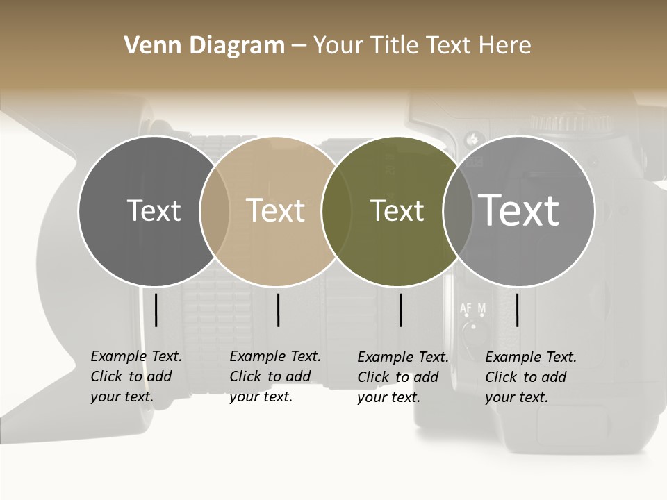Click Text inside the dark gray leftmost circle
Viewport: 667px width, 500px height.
coord(154,210)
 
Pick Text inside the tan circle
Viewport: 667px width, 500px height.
coord(275,210)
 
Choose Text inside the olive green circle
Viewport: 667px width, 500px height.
coord(397,210)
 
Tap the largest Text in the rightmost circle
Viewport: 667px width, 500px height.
coord(518,210)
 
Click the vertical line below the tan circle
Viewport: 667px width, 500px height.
coord(278,310)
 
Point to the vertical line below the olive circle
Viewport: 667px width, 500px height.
coord(400,310)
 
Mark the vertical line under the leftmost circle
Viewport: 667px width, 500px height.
coord(156,310)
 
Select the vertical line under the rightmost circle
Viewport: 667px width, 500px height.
coord(517,310)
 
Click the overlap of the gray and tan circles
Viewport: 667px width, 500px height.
coord(215,211)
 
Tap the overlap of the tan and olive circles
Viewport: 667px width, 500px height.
coord(336,211)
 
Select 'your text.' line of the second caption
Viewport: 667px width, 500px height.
coord(261,397)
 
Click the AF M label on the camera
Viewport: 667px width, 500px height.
coord(472,307)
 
